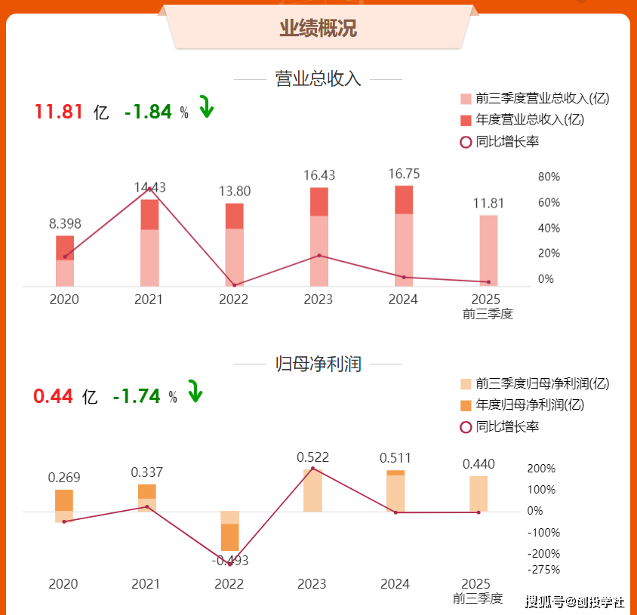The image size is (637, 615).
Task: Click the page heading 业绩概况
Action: (x=318, y=29)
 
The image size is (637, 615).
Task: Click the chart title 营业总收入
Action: (x=318, y=78)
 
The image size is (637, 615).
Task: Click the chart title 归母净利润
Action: (x=318, y=364)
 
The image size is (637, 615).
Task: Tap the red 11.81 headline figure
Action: (x=58, y=112)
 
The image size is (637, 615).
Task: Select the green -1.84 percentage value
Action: (x=149, y=112)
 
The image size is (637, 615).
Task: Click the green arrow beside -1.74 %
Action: (x=195, y=392)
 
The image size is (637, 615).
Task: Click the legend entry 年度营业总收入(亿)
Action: (x=531, y=119)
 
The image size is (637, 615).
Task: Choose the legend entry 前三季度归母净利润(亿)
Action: (x=542, y=383)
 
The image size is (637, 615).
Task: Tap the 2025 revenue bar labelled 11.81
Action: (x=488, y=251)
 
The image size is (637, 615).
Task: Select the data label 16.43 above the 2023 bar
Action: (x=319, y=175)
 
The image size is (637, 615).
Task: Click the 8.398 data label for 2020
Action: (x=65, y=223)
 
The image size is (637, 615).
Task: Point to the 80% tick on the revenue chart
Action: (x=549, y=177)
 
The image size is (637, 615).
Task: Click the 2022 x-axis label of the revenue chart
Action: (x=233, y=300)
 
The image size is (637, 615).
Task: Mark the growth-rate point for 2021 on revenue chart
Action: (x=149, y=189)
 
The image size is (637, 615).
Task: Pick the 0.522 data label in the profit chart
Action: (x=312, y=457)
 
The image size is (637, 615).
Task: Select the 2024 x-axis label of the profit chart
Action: (x=395, y=584)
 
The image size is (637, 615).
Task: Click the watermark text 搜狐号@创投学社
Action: (x=574, y=601)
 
